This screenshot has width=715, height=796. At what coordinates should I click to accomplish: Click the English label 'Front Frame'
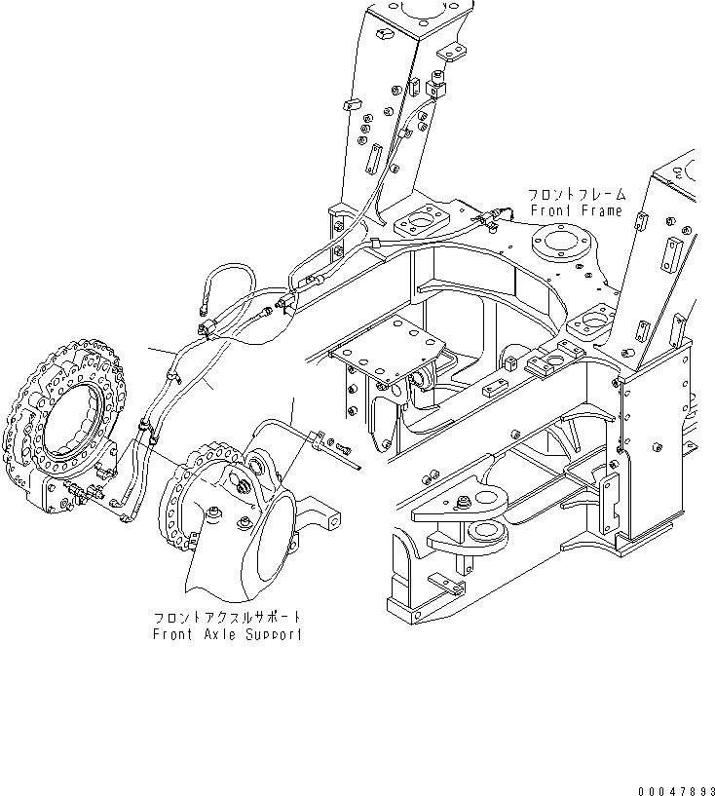tap(576, 210)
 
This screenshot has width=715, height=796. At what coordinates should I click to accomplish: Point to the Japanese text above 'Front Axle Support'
tap(227, 618)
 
